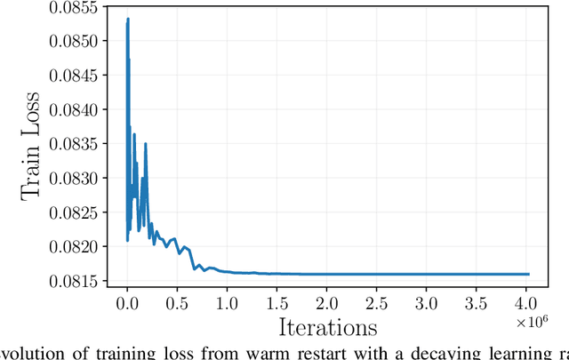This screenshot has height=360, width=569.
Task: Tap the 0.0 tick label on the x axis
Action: pyautogui.click(x=127, y=304)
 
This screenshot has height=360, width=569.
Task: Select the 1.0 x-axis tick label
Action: pyautogui.click(x=227, y=304)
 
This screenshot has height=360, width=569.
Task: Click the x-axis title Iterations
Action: pyautogui.click(x=327, y=329)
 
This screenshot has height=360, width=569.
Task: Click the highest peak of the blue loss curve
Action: pyautogui.click(x=128, y=19)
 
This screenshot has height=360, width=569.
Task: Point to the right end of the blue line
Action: pyautogui.click(x=529, y=274)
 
